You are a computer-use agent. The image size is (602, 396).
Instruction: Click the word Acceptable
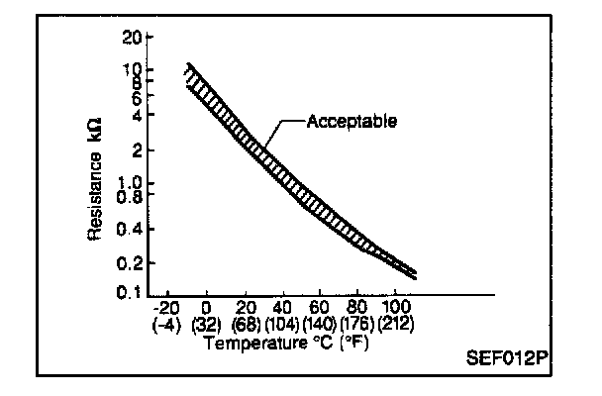(x=351, y=122)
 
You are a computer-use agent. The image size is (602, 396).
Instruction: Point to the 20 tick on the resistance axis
(x=131, y=39)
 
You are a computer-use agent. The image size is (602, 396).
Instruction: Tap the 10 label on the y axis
(x=131, y=69)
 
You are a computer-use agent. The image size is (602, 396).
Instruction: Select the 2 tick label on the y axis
(x=135, y=150)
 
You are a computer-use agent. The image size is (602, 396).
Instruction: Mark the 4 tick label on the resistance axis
(x=135, y=115)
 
